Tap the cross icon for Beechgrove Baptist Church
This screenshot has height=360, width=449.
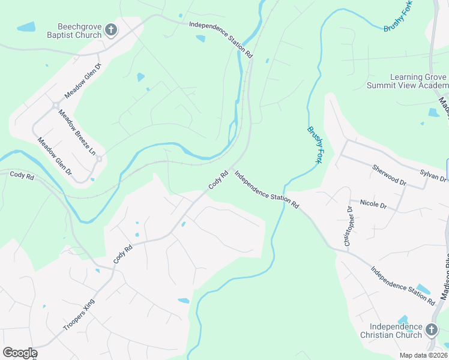point(110,30)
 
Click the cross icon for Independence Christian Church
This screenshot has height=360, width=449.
point(431,329)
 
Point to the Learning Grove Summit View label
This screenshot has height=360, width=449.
point(418,82)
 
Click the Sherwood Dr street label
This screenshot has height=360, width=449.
point(389,175)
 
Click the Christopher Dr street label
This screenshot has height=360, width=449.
point(348,226)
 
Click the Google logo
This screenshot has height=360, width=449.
point(19,353)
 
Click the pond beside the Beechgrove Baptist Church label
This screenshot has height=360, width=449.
point(26,27)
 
